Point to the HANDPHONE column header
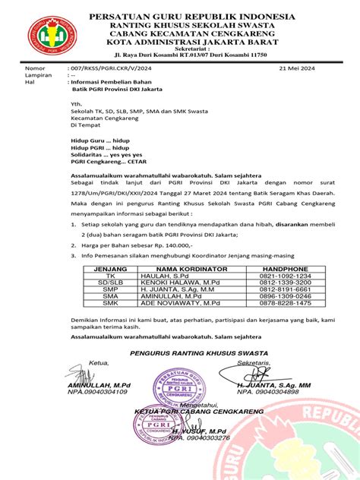(285, 269)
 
